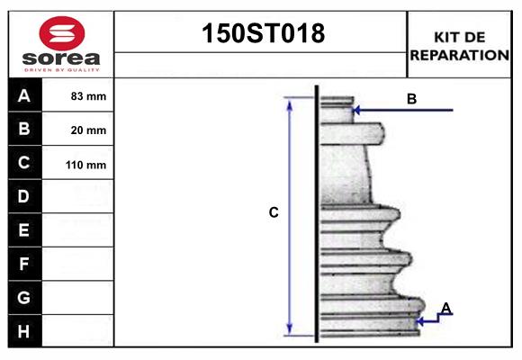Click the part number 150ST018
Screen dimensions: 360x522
point(261,34)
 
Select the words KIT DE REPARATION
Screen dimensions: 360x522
point(459,46)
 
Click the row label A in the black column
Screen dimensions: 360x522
point(24,95)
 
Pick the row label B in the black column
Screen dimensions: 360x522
point(24,130)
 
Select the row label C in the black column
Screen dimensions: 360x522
point(24,164)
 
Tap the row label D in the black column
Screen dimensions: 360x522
point(24,196)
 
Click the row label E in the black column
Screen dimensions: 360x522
point(24,230)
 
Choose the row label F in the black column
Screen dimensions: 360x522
point(24,265)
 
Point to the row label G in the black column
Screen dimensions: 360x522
point(24,297)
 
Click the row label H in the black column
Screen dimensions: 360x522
point(24,331)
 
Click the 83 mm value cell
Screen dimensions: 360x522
point(88,96)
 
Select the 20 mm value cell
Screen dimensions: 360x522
point(88,130)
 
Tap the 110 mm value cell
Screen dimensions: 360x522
point(88,165)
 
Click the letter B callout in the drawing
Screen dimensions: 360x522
point(411,99)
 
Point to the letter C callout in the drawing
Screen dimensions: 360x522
point(274,213)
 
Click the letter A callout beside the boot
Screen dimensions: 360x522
point(446,309)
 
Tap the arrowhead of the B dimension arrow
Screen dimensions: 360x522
point(357,111)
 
